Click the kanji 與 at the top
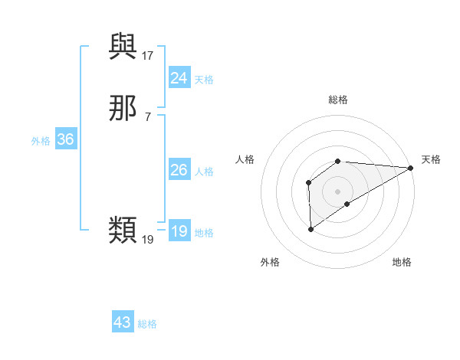123,47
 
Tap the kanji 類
123,229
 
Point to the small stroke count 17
148,55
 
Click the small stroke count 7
148,116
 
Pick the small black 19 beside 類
148,239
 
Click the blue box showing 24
179,78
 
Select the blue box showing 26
179,170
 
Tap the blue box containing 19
179,231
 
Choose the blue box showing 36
65,139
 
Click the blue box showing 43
123,322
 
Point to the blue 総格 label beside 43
147,324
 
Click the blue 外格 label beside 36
41,141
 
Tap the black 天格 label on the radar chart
431,159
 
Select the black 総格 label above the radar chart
338,100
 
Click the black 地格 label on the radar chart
402,263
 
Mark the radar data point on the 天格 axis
411,168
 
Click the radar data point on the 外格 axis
311,229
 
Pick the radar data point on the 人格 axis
308,182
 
